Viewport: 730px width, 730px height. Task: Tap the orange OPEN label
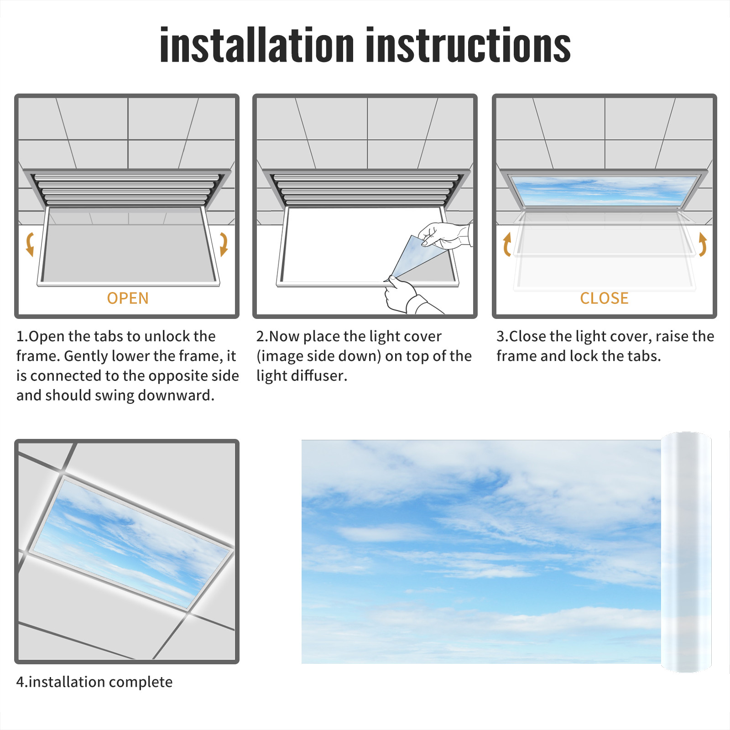click(x=128, y=298)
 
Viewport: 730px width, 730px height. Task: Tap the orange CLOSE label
click(x=604, y=298)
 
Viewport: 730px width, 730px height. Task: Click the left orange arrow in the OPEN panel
click(x=30, y=244)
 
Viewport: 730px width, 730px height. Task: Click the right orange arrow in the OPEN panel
click(x=224, y=244)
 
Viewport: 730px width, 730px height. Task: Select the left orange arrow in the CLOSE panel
click(x=507, y=245)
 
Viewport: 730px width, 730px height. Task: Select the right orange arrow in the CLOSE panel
click(x=703, y=245)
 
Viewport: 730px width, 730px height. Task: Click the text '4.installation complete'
click(x=94, y=682)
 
